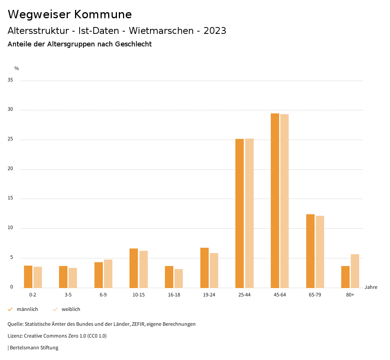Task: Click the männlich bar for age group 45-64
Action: point(275,201)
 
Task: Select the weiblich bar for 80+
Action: point(355,271)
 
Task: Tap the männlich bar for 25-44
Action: point(240,213)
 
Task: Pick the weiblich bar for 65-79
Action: point(320,252)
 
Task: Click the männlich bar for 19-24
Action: point(205,268)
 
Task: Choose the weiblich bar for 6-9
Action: point(108,274)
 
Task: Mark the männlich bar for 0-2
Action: point(28,277)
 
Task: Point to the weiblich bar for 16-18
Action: point(179,278)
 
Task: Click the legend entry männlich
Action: point(27,309)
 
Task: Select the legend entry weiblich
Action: point(71,309)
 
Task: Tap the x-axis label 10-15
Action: point(139,295)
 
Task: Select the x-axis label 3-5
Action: point(68,295)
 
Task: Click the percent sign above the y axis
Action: point(17,68)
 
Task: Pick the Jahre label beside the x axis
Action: point(371,287)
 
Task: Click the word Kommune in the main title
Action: point(103,14)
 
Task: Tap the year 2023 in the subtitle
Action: point(215,31)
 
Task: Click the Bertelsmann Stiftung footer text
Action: point(34,348)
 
